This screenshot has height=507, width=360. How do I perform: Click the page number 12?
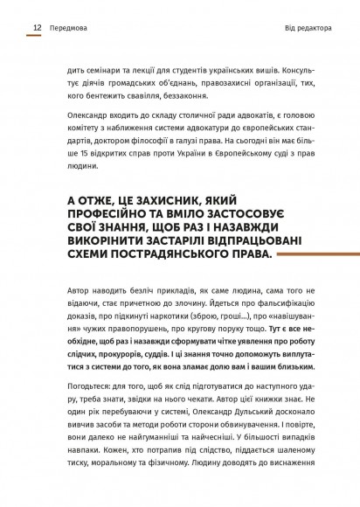click(x=38, y=28)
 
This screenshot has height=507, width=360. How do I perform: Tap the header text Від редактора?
click(x=308, y=28)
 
